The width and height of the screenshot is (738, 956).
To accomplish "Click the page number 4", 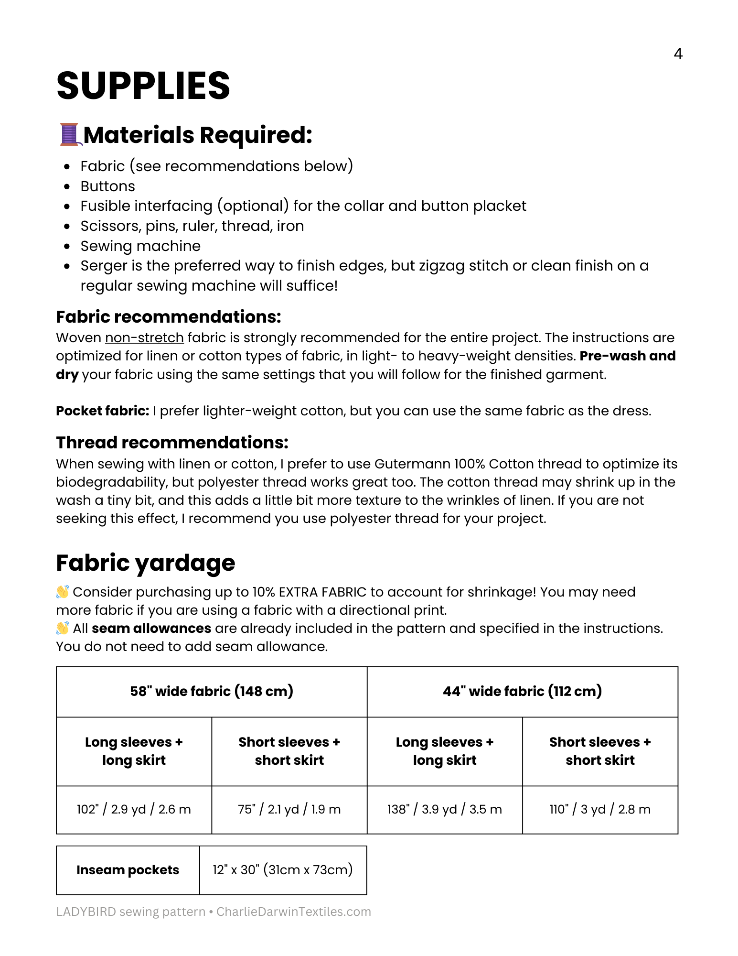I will [678, 54].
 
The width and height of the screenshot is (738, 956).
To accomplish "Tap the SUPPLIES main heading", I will [143, 86].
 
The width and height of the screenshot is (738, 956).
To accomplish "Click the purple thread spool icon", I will [69, 134].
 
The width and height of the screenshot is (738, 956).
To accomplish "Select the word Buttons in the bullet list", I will [107, 186].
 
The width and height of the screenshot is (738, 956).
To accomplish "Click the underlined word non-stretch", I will [144, 338].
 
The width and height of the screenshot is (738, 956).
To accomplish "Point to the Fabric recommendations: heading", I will [168, 317].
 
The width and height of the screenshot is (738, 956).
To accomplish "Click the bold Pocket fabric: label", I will [102, 411].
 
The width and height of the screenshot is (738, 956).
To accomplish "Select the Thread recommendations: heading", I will [172, 443].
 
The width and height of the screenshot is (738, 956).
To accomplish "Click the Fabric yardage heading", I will [145, 563].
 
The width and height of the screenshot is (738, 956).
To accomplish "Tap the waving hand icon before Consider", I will [63, 592].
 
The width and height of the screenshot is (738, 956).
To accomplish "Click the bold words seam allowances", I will [151, 629].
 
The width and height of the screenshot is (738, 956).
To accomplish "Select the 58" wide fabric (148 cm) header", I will [212, 691].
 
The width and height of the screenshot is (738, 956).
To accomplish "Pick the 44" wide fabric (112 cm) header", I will [522, 691].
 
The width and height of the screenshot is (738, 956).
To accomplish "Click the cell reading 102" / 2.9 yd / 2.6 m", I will [134, 809].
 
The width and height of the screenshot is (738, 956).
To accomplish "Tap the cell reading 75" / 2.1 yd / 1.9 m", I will [289, 809].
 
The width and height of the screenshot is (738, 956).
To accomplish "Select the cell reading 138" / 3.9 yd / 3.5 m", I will [444, 809].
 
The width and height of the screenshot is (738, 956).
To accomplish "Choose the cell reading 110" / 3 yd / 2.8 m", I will [600, 809].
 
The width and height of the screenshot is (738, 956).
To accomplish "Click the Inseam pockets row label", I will [128, 870].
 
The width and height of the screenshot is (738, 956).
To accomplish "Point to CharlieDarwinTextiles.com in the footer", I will [293, 912].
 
